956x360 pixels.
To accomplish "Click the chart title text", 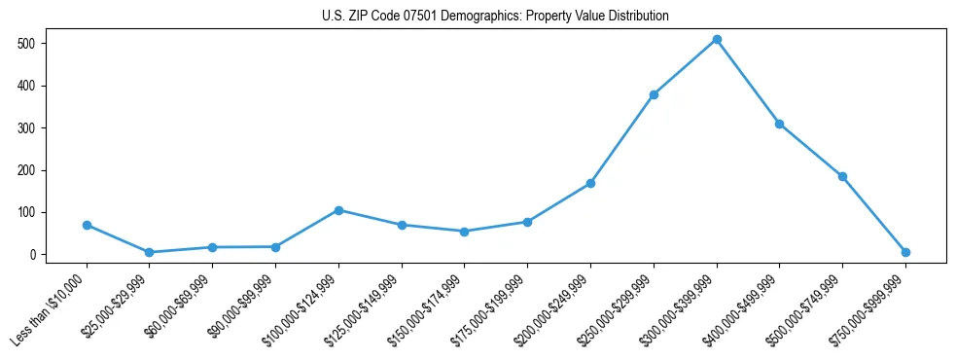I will point(495,17).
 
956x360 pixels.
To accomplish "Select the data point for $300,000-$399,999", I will point(717,40).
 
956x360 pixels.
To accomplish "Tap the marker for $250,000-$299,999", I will point(654,94).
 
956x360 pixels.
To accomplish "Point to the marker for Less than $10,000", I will point(87,225).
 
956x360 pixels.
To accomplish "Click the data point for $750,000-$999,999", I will point(905,252).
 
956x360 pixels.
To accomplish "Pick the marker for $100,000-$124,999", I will point(338,210).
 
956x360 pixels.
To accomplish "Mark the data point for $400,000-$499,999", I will point(779,124).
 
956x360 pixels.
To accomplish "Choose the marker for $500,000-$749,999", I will point(842,176).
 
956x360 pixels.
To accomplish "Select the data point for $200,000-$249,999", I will point(590,183).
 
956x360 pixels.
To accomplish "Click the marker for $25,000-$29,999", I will point(149,252).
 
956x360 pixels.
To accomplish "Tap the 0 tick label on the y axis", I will point(33,255).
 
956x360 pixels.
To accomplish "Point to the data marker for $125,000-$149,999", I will point(402,225).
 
